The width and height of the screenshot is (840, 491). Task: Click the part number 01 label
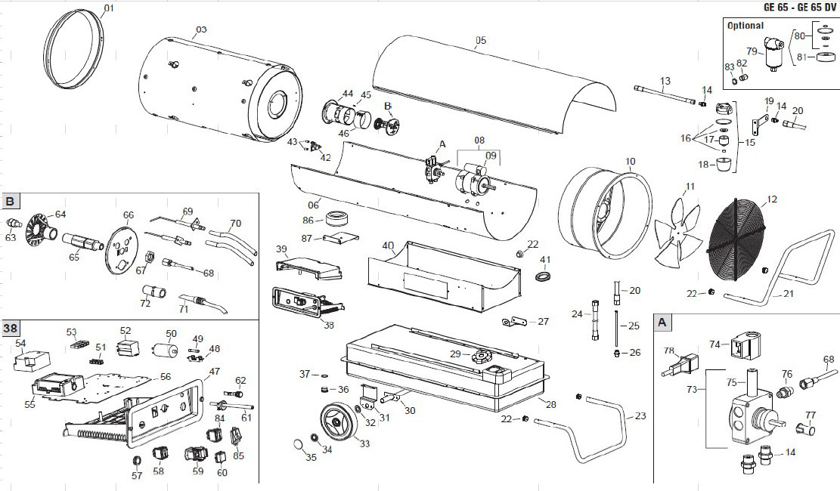click(x=108, y=8)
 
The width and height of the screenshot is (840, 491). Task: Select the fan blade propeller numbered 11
click(x=677, y=233)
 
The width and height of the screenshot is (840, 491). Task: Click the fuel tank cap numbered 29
click(x=481, y=356)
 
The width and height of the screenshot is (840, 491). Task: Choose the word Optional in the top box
click(x=745, y=26)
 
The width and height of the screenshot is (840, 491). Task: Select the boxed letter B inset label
click(x=11, y=202)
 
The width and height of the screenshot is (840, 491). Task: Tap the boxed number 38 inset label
click(x=11, y=329)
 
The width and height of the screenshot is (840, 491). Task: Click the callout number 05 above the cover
click(x=481, y=40)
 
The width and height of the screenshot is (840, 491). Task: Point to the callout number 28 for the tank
click(x=550, y=405)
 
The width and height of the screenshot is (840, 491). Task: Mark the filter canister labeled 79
click(x=773, y=57)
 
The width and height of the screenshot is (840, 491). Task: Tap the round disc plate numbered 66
click(x=121, y=244)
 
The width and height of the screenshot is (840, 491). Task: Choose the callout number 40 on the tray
click(x=388, y=246)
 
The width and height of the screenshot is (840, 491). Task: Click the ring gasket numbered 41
click(x=543, y=277)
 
